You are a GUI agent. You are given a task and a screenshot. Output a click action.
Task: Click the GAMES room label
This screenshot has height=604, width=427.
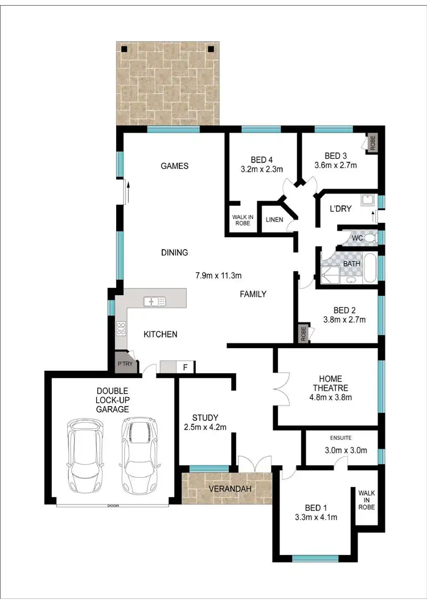(174, 166)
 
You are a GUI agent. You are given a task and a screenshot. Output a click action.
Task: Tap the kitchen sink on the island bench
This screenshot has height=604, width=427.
(154, 301)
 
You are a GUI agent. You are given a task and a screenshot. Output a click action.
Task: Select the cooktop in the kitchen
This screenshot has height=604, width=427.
(121, 328)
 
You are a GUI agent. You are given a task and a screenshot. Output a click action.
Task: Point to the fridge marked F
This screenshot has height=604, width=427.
(184, 367)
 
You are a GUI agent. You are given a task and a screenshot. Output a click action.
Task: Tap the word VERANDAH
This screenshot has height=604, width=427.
(227, 489)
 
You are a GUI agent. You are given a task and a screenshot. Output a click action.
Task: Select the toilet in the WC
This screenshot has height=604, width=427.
(369, 237)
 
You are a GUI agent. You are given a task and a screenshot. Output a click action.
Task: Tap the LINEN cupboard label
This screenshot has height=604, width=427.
(274, 220)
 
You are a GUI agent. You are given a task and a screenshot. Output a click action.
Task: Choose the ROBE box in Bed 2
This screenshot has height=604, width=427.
(303, 333)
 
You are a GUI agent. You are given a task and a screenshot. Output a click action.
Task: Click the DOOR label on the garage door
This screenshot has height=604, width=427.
(112, 505)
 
